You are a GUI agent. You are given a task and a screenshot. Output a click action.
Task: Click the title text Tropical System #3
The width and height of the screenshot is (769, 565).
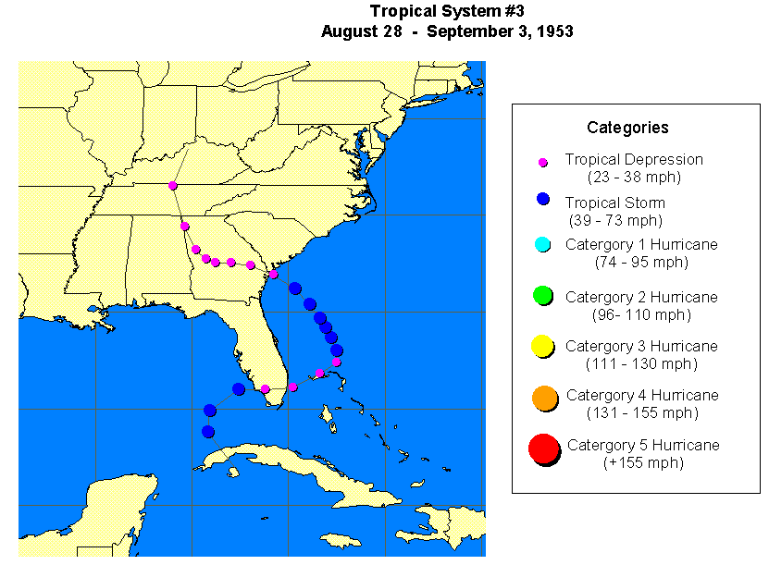point(447,11)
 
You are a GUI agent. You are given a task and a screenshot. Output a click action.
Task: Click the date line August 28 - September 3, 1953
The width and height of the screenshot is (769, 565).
point(447,31)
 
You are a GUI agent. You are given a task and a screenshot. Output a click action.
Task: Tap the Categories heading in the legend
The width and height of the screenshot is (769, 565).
point(627,128)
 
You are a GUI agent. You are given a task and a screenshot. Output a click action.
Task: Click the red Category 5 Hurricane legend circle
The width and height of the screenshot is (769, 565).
point(543,449)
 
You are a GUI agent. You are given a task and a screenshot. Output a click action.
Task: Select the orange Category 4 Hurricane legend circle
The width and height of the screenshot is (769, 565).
point(543,398)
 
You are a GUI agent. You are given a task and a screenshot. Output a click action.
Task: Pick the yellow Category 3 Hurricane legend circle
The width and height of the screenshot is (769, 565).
point(543,347)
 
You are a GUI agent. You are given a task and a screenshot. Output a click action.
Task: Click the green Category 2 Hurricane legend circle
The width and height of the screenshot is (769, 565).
point(543,296)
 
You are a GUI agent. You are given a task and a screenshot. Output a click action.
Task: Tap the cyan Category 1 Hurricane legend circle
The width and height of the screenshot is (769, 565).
point(543,245)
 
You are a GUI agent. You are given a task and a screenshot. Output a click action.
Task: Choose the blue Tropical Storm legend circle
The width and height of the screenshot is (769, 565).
point(543,199)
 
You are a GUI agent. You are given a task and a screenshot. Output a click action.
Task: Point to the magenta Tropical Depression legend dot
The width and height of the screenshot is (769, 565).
point(543,163)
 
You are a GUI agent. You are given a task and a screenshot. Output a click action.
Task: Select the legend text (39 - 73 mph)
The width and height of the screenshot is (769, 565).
point(614,221)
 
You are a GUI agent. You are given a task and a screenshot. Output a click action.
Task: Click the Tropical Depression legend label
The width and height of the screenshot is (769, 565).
point(634,160)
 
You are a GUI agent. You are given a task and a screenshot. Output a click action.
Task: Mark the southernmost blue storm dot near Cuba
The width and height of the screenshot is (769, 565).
point(208,432)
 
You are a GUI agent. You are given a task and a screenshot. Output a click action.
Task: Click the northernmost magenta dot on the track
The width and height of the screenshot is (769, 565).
point(173,185)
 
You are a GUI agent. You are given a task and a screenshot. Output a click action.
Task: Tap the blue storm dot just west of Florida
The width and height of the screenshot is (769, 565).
point(239,389)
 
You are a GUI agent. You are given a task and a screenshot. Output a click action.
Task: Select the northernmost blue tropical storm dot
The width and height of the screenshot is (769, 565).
point(294,288)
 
